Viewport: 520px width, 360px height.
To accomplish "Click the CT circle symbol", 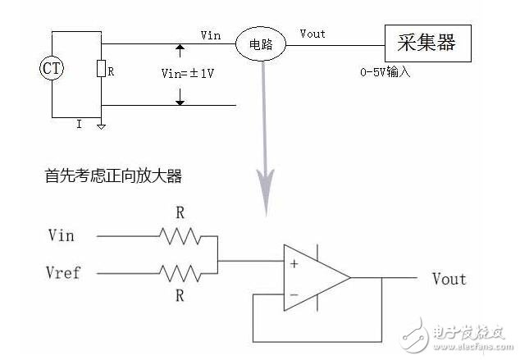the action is tap(52, 68).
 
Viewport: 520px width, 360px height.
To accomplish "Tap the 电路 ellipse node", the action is tap(261, 44).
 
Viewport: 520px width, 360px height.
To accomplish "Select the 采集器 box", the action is tap(428, 43).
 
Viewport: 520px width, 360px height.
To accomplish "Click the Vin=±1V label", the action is tap(188, 73).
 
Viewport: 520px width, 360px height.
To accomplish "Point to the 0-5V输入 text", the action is tap(385, 72).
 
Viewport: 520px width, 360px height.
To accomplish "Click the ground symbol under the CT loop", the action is tap(102, 126).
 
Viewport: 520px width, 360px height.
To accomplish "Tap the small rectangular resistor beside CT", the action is tap(101, 69).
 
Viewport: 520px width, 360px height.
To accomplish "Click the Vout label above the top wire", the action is tap(312, 34).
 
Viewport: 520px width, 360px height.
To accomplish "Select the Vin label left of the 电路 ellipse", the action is tap(211, 35).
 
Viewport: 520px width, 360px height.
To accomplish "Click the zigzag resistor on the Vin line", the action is tap(180, 236).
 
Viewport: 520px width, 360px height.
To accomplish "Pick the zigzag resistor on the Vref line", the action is tap(180, 273).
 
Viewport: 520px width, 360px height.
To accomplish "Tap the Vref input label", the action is tap(63, 272).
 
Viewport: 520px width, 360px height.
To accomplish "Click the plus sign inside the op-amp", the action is tap(294, 264).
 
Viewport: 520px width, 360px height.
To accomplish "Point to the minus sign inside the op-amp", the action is tap(294, 294).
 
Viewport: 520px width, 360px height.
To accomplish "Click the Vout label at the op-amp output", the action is tap(449, 279).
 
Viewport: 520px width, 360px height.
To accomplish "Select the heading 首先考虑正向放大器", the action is tap(113, 175).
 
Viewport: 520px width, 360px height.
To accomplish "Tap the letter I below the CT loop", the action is tap(79, 125).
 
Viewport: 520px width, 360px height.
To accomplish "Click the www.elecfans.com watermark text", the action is tap(473, 347).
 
